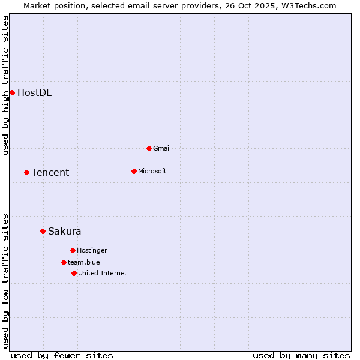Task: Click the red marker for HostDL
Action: click(x=12, y=92)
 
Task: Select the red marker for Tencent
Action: click(x=26, y=172)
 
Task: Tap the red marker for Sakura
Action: click(x=43, y=231)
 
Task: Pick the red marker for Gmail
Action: click(x=149, y=148)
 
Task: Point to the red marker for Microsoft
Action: click(x=134, y=171)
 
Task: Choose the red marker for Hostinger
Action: click(x=73, y=250)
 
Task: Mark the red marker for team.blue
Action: click(x=64, y=262)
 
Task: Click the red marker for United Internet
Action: click(x=74, y=273)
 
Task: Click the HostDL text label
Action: click(x=34, y=92)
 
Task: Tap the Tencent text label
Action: click(x=50, y=172)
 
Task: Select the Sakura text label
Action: click(x=64, y=231)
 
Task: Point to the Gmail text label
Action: click(x=162, y=148)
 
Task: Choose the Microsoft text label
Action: click(x=152, y=171)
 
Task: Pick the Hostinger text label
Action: click(x=92, y=250)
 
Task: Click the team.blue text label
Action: click(x=83, y=262)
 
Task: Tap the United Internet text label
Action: click(x=102, y=273)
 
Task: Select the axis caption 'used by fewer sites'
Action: click(x=62, y=355)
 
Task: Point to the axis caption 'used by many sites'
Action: click(x=301, y=355)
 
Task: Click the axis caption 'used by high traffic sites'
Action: click(x=5, y=85)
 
